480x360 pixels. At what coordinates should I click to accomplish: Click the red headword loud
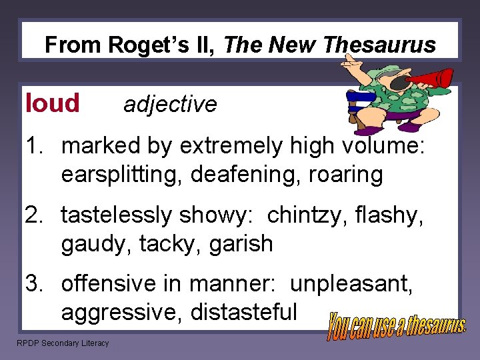click(x=52, y=103)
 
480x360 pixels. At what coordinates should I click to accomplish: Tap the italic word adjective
click(x=170, y=105)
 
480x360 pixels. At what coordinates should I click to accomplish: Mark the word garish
click(x=241, y=244)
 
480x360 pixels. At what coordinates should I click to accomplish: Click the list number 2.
click(x=32, y=215)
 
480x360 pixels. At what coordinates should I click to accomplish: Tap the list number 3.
click(x=32, y=284)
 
